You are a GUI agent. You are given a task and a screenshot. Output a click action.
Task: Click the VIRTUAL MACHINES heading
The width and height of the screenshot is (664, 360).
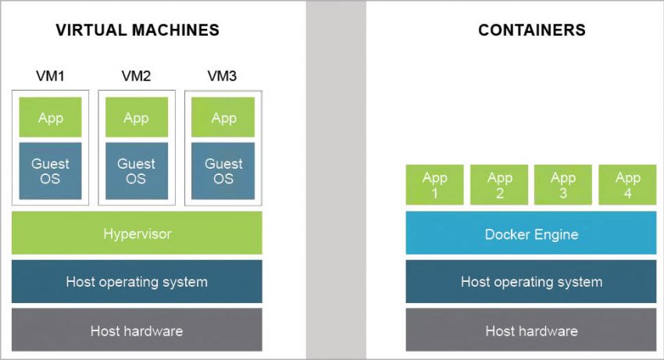pyautogui.click(x=137, y=30)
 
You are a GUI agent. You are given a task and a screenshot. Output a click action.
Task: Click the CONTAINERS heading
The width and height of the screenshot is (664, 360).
pyautogui.click(x=531, y=30)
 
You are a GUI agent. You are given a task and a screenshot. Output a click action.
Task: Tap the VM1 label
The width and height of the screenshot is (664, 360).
pyautogui.click(x=49, y=77)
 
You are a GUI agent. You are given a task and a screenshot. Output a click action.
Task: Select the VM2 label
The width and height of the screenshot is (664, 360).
pyautogui.click(x=136, y=77)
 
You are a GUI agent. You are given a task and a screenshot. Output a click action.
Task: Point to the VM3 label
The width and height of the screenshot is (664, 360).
pyautogui.click(x=223, y=77)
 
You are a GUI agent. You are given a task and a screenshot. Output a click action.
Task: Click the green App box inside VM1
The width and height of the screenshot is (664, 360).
pyautogui.click(x=50, y=118)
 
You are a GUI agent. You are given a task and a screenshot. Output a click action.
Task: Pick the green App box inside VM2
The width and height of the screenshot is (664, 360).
pyautogui.click(x=136, y=118)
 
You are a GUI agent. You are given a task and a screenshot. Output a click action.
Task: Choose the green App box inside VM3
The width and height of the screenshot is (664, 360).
pyautogui.click(x=223, y=118)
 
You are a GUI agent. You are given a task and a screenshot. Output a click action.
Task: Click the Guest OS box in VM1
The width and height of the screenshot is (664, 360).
pyautogui.click(x=50, y=171)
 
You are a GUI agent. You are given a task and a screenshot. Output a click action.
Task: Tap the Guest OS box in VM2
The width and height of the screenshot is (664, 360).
pyautogui.click(x=136, y=171)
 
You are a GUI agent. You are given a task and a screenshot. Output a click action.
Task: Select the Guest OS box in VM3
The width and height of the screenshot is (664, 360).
pyautogui.click(x=223, y=171)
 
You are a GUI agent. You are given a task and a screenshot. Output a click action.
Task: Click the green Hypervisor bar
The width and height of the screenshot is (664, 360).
pyautogui.click(x=137, y=233)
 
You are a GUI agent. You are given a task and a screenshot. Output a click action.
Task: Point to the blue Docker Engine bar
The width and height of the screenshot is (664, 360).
pyautogui.click(x=531, y=233)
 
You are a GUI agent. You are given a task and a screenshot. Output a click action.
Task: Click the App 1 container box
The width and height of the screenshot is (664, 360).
pyautogui.click(x=434, y=185)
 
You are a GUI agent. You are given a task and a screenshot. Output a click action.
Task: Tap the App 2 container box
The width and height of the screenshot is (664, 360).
pyautogui.click(x=499, y=185)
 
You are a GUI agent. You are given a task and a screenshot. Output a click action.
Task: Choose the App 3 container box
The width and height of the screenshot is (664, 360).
pyautogui.click(x=563, y=185)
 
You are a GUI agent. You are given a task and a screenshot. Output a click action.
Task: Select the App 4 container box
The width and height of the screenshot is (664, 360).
pyautogui.click(x=627, y=185)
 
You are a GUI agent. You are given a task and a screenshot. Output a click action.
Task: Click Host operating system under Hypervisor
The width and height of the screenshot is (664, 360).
pyautogui.click(x=137, y=281)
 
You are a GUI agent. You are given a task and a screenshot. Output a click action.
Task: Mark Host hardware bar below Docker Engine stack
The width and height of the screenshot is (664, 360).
pyautogui.click(x=531, y=330)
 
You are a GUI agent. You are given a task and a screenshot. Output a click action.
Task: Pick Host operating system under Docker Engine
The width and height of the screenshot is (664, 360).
pyautogui.click(x=531, y=281)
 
